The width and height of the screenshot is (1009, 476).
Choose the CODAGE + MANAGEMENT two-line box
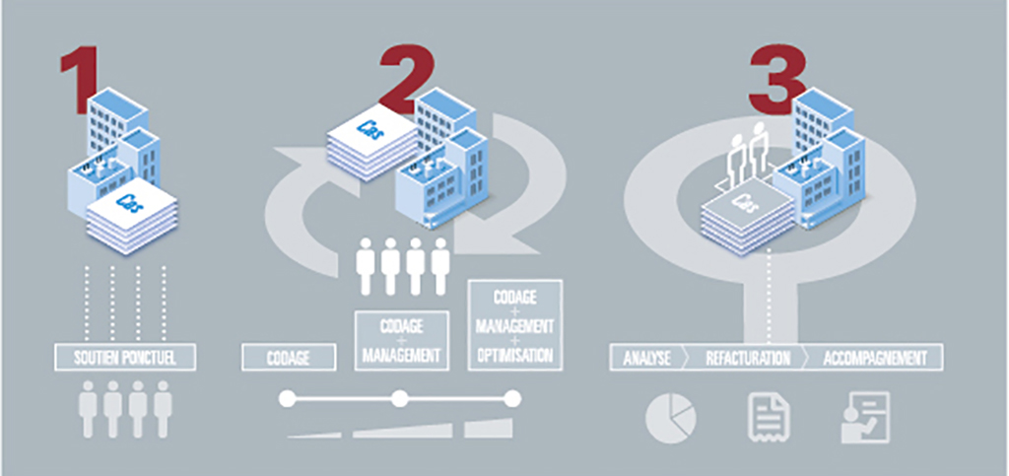pyautogui.click(x=401, y=340)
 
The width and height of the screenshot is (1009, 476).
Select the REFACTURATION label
pyautogui.click(x=748, y=357)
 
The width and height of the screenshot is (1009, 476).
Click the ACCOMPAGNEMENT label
pyautogui.click(x=875, y=357)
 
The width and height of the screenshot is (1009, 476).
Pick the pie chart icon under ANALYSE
pyautogui.click(x=670, y=418)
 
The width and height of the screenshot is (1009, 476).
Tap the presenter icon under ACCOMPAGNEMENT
pyautogui.click(x=865, y=417)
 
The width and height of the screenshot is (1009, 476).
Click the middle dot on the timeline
pyautogui.click(x=399, y=399)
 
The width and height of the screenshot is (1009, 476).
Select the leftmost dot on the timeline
pyautogui.click(x=287, y=399)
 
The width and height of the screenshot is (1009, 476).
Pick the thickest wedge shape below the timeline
pyautogui.click(x=489, y=429)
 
